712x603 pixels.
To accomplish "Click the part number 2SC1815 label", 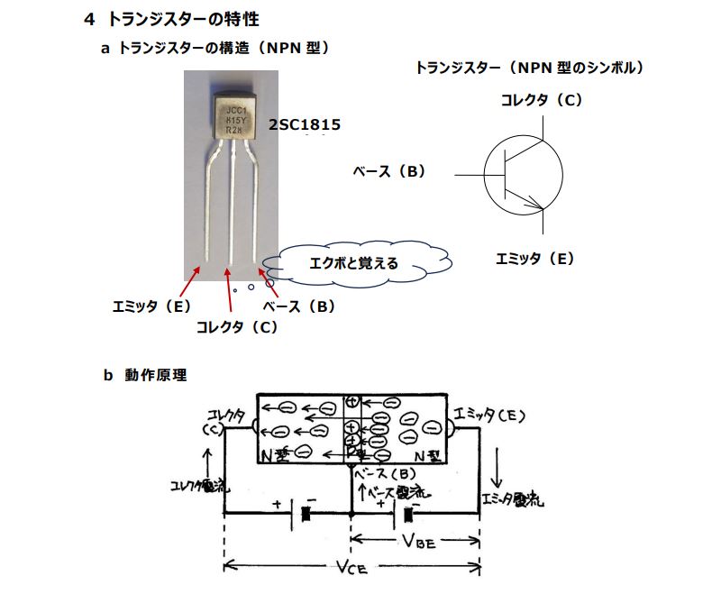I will tap(304, 124).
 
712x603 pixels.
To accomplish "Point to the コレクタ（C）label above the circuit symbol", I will tap(542, 100).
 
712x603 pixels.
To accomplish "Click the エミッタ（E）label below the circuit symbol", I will tap(534, 259).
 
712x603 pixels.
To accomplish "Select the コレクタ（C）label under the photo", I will tap(237, 328).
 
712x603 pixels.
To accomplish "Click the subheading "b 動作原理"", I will tap(145, 375).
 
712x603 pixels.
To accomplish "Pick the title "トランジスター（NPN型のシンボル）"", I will tap(529, 68).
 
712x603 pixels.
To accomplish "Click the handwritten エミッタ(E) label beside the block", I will tap(489, 416).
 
